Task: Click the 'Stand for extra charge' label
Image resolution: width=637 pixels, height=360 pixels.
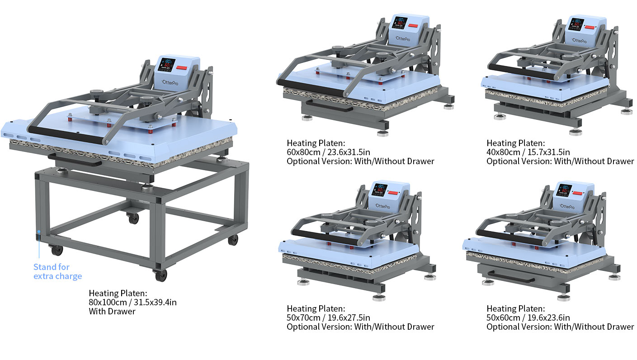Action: click(x=57, y=271)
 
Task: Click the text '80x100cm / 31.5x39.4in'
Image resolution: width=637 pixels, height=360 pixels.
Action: click(x=132, y=302)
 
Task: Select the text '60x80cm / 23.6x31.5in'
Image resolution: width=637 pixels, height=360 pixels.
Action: click(x=328, y=152)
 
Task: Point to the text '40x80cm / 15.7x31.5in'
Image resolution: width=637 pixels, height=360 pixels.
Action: click(x=528, y=152)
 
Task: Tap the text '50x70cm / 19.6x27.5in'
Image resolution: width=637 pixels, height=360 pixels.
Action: click(x=328, y=317)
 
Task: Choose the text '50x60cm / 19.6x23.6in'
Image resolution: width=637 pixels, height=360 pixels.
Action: click(x=528, y=317)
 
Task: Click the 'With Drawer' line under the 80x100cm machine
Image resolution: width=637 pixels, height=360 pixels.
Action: click(x=112, y=311)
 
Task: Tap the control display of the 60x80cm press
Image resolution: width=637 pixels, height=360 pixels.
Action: click(x=400, y=22)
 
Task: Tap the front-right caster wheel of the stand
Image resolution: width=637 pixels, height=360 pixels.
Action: click(x=160, y=275)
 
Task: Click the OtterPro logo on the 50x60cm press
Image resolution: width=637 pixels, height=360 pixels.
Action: click(x=567, y=206)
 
